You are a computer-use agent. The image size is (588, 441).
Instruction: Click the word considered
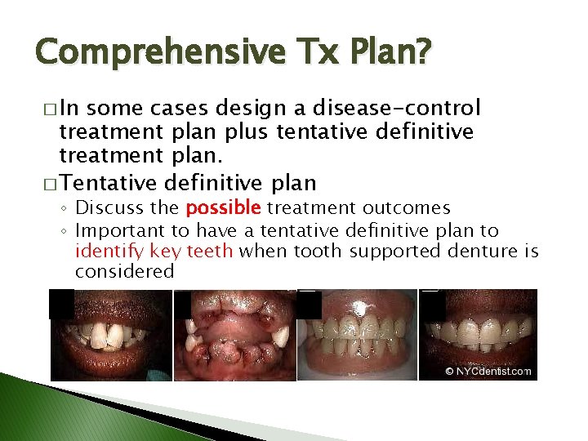click(124, 272)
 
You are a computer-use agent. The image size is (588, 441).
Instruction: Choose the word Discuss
click(117, 209)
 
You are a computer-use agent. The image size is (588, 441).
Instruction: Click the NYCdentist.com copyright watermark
click(488, 371)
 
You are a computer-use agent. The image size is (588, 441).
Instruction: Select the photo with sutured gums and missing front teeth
click(234, 335)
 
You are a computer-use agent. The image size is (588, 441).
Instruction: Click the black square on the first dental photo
click(61, 303)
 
